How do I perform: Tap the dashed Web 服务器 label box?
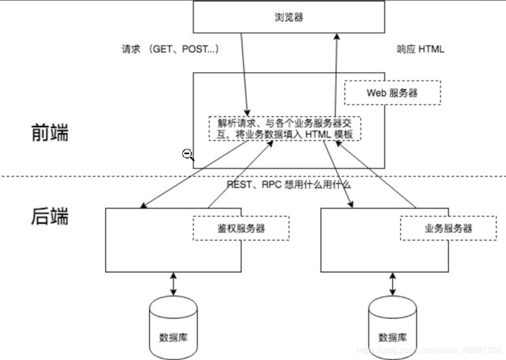click(392, 93)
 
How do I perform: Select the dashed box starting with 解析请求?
click(284, 128)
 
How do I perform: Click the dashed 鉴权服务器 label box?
click(240, 228)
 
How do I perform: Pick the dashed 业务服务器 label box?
click(448, 228)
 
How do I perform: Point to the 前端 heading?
click(50, 133)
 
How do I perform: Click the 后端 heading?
click(50, 216)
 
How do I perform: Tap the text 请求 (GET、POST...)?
click(171, 50)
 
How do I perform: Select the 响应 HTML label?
click(421, 50)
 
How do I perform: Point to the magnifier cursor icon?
click(187, 154)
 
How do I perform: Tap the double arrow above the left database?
click(173, 282)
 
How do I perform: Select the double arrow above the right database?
click(392, 282)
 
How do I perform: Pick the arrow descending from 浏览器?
click(244, 72)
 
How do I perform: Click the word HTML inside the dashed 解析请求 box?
click(319, 135)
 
